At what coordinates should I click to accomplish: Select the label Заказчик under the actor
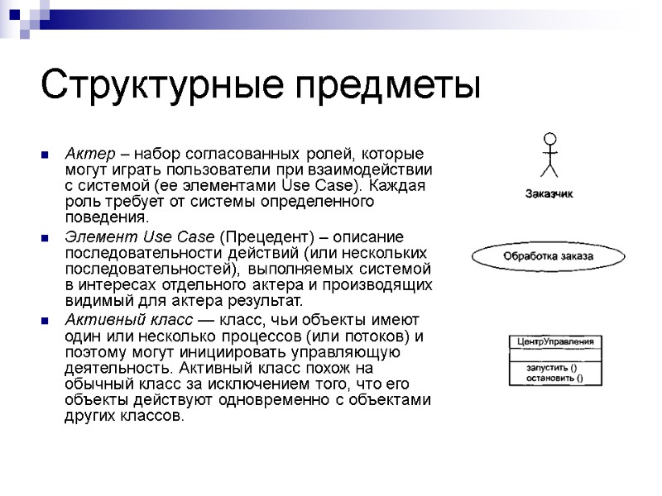(x=549, y=194)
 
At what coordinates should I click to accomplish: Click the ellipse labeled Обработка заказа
(x=549, y=257)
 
